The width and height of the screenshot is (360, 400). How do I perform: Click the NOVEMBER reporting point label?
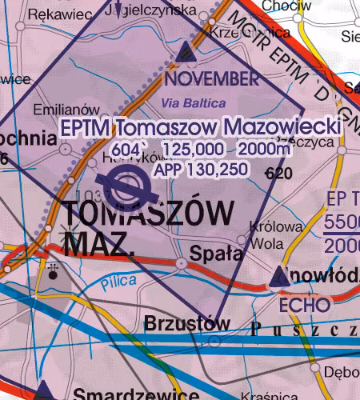(x=212, y=79)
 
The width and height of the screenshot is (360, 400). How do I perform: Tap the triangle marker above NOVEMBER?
(x=186, y=52)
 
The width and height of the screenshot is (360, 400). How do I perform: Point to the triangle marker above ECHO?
(x=280, y=278)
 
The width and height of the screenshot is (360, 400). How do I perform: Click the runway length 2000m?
(x=263, y=150)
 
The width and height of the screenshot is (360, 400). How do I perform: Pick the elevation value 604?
(x=126, y=150)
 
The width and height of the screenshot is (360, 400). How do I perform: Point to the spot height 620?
(x=278, y=173)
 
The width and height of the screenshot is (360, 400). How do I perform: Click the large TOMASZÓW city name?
(x=148, y=214)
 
